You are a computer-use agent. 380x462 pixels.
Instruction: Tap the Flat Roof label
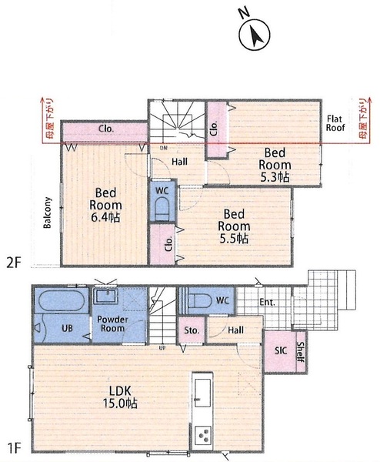point(335,123)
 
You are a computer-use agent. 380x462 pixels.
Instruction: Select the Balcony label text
point(47,213)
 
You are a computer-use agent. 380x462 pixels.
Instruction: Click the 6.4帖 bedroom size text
point(105,217)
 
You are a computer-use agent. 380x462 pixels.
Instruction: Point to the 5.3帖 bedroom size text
point(275,177)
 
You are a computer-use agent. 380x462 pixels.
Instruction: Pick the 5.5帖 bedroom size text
point(234,238)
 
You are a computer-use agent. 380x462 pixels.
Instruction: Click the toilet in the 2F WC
point(162,209)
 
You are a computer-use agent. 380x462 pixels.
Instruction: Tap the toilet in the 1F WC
point(199,300)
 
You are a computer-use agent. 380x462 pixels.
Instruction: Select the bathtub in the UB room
point(62,300)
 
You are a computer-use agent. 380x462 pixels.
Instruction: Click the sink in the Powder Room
point(106,296)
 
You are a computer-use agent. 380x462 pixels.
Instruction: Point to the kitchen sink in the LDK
point(202,393)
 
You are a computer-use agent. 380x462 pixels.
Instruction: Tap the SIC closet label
point(281,350)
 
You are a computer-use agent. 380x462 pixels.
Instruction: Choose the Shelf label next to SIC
point(301,352)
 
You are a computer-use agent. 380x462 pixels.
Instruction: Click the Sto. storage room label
point(192,330)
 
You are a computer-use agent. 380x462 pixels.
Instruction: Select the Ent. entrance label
point(267,302)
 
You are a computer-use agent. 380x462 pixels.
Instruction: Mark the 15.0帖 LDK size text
point(120,403)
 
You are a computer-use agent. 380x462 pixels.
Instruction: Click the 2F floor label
point(14,263)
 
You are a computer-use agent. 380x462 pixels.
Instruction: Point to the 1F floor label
point(14,449)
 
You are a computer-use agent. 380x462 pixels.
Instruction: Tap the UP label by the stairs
point(162,348)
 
